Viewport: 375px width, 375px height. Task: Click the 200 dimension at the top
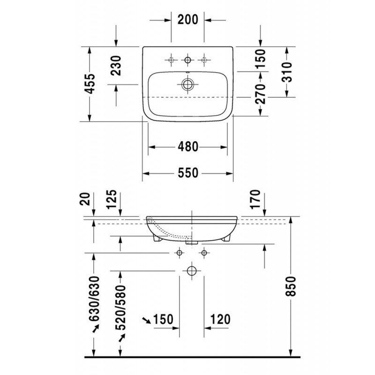point(188,20)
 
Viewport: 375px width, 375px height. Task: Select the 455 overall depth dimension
point(90,84)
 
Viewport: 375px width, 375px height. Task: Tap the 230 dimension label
point(117,66)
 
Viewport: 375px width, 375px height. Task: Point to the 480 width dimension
point(188,147)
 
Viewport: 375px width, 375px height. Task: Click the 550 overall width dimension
point(188,173)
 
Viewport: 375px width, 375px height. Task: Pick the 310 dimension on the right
point(287,72)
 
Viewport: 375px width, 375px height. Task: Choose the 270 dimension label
point(261,94)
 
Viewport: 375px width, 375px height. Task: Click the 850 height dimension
point(291,286)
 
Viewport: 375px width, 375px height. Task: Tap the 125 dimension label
point(112,199)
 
